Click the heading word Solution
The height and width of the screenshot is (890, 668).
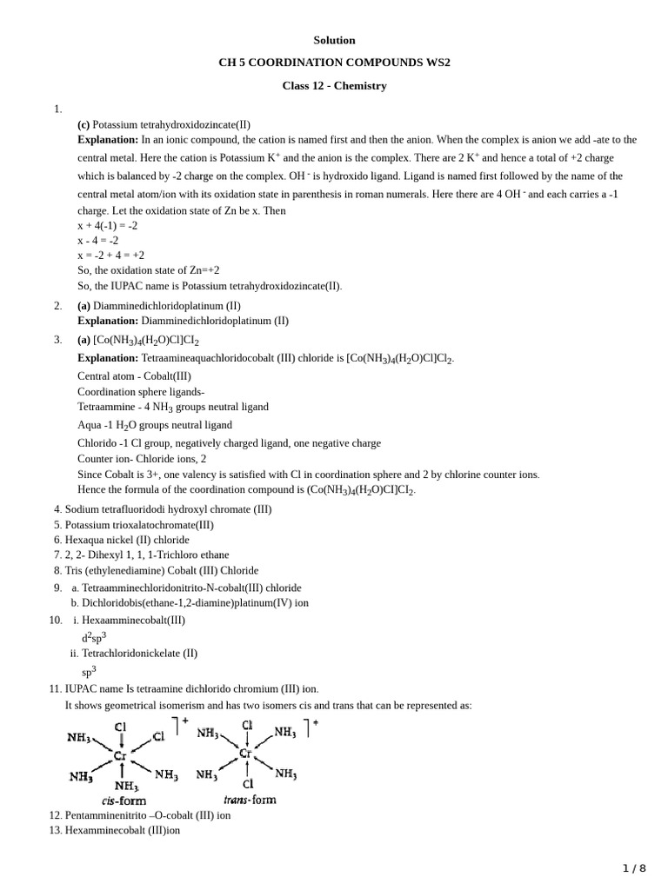(x=334, y=40)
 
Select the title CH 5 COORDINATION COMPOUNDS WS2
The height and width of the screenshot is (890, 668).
(x=334, y=63)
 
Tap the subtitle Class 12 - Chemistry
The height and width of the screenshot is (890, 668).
(x=334, y=86)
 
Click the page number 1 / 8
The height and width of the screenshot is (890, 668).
(x=634, y=867)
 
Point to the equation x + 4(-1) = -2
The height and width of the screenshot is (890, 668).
(x=107, y=225)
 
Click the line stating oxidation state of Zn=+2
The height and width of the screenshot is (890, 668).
(x=148, y=270)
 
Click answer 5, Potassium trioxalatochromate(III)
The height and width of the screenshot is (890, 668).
(x=138, y=525)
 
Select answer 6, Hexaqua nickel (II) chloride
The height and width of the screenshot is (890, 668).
(x=127, y=540)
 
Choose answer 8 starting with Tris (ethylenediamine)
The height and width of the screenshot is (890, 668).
(x=161, y=570)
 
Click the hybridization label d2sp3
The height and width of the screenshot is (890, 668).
(x=94, y=637)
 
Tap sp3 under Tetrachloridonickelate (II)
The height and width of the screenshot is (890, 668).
(x=89, y=671)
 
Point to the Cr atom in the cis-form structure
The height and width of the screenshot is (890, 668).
(x=121, y=756)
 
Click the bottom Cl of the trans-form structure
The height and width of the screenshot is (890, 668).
(x=248, y=782)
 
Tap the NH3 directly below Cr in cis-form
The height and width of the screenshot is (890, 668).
(x=125, y=785)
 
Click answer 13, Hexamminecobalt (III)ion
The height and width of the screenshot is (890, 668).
(x=122, y=830)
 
